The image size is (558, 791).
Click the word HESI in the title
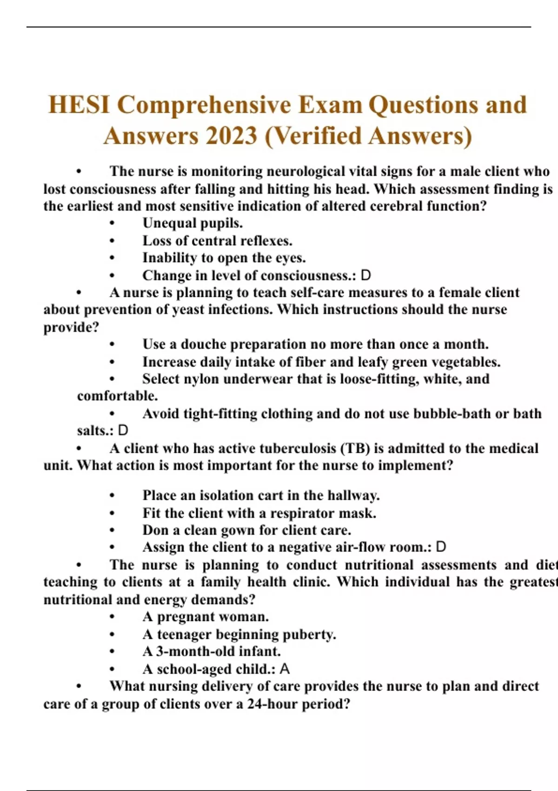click(79, 104)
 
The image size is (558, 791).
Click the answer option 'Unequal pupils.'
click(193, 223)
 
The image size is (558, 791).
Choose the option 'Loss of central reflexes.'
click(217, 241)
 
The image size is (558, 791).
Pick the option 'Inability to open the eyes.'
click(224, 258)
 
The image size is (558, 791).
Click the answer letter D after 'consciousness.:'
click(366, 275)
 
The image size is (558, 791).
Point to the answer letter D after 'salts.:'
click(123, 430)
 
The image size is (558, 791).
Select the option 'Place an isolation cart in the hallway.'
click(261, 495)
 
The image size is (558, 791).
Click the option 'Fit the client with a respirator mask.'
click(259, 513)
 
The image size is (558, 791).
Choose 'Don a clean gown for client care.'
click(246, 530)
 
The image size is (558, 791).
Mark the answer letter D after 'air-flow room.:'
click(441, 547)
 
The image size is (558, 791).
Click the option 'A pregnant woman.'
click(206, 617)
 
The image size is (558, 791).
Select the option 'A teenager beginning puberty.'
click(239, 635)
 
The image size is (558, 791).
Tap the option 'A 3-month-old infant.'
click(212, 651)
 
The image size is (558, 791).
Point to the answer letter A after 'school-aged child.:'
click(285, 669)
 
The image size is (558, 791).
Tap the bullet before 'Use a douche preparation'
click(112, 345)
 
